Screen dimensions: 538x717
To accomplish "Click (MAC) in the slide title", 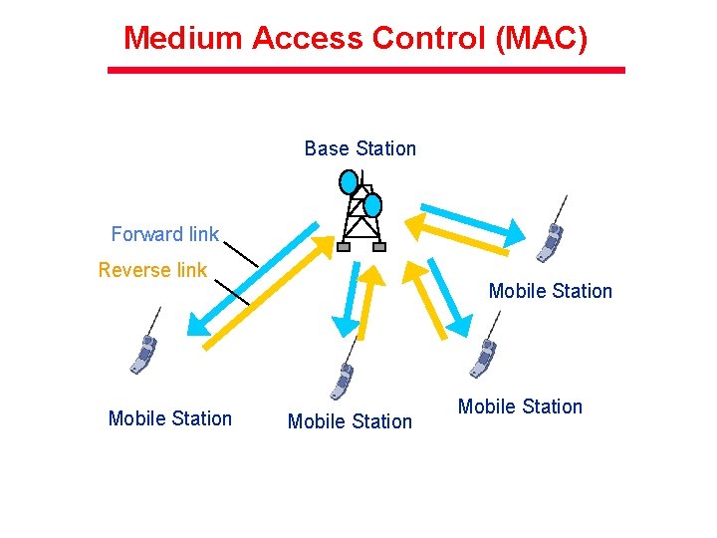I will point(545,39).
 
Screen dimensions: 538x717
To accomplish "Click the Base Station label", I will point(359,148).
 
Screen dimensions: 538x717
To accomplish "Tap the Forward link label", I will point(164,234).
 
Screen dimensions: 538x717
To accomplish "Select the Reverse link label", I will point(152,270).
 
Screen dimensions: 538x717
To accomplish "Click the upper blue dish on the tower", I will point(349,182).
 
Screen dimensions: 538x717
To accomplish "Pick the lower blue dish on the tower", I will point(372,205).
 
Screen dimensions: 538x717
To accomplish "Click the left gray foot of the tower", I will point(344,247).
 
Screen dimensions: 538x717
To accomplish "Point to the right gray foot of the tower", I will point(378,246).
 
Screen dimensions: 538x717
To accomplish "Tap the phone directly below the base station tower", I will point(342,379).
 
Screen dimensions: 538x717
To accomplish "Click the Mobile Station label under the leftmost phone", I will point(169,418).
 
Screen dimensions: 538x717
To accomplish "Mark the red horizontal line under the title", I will point(365,70).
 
